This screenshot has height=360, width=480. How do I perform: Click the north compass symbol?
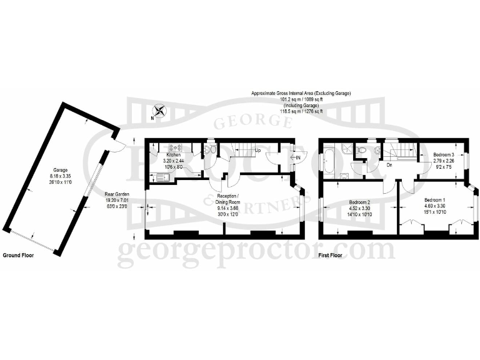pos(160,111)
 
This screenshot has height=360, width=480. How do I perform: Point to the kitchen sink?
pos(163,176)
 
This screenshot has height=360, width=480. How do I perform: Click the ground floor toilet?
pos(211,149)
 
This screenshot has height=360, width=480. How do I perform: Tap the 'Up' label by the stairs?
pos(258,151)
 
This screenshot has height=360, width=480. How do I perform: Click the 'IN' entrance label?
pos(298,157)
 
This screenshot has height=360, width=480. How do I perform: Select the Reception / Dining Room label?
pos(224,199)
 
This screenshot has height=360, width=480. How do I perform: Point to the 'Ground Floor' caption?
pos(19,256)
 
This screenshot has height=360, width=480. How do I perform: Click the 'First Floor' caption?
pos(332,256)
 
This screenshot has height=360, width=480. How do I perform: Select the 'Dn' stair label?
pos(389,165)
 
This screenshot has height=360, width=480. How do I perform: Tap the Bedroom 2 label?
pos(360,202)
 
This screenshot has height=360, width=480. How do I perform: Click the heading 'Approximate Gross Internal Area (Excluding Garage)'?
pos(301,93)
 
